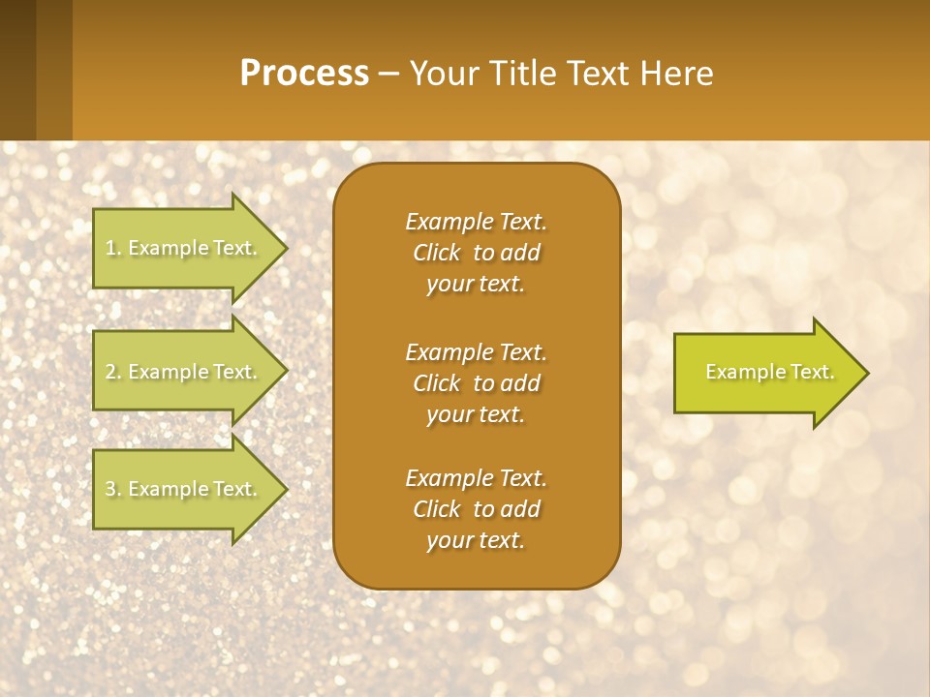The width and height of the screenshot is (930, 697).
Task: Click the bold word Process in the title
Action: [x=304, y=74]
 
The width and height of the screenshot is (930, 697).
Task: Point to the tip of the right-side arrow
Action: [x=865, y=373]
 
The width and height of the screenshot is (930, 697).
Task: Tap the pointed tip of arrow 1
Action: [x=285, y=248]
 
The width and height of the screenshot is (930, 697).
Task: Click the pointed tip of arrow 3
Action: [x=285, y=489]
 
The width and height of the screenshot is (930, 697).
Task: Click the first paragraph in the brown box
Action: [x=476, y=253]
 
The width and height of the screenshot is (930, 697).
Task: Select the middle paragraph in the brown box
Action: [x=476, y=383]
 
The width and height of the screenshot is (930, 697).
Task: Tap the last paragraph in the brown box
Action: [x=476, y=509]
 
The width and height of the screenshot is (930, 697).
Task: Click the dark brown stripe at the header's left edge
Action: [x=17, y=70]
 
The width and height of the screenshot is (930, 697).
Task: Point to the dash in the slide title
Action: [x=388, y=75]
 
